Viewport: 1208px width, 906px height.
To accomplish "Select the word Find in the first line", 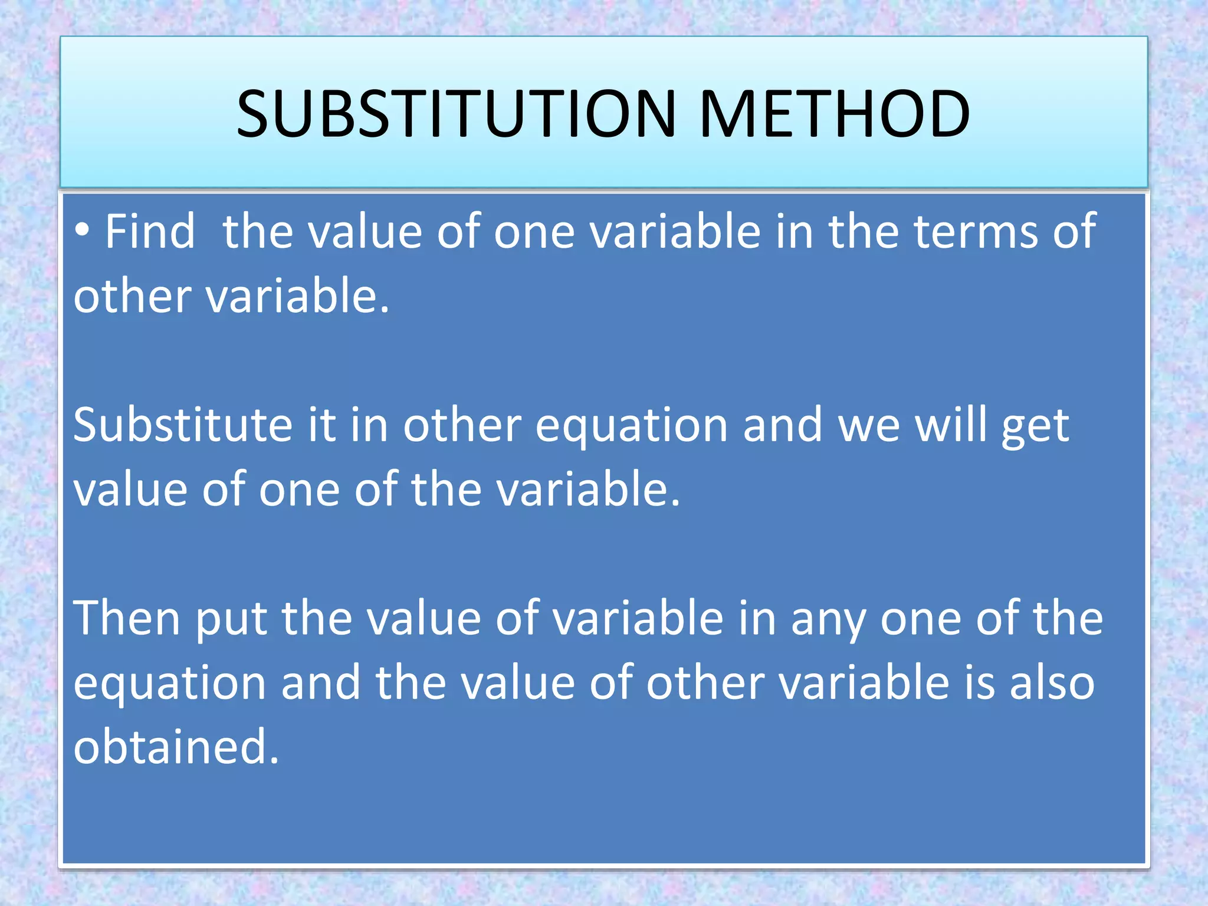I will coord(150,231).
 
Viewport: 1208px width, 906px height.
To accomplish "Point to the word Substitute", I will coord(183,425).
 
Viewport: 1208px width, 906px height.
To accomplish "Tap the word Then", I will coord(126,618).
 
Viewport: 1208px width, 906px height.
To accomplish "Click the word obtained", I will coord(176,747).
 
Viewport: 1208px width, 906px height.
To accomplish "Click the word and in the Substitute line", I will coord(782,425).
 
